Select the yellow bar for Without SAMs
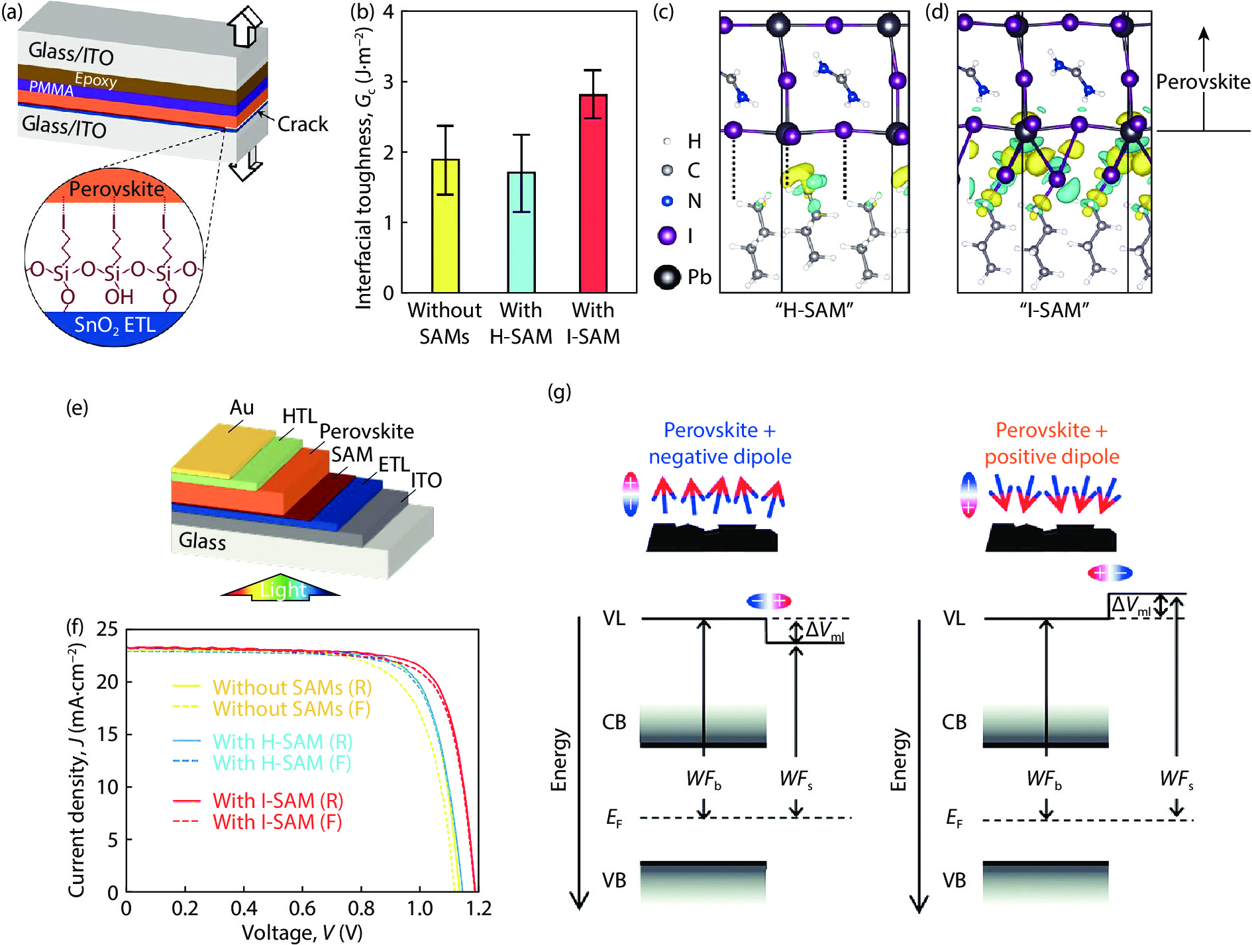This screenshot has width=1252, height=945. [445, 226]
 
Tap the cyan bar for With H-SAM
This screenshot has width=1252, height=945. [521, 232]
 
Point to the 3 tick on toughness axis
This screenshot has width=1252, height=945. [389, 82]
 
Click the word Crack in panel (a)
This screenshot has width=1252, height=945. [303, 124]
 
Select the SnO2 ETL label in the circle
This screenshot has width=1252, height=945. [115, 325]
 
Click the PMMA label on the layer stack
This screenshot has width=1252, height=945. [51, 88]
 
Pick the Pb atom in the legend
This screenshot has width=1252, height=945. [667, 277]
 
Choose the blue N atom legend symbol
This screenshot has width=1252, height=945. [668, 201]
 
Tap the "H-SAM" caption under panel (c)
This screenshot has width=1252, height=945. [814, 310]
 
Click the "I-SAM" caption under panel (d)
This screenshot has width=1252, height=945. [1055, 310]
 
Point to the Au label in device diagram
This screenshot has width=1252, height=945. [242, 408]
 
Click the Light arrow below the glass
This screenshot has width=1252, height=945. [282, 589]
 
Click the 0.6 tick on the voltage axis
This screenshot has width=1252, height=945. [302, 909]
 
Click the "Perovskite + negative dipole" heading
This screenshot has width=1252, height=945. [720, 443]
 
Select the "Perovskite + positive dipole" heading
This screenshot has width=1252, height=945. [1051, 443]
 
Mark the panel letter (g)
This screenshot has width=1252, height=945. [559, 392]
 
